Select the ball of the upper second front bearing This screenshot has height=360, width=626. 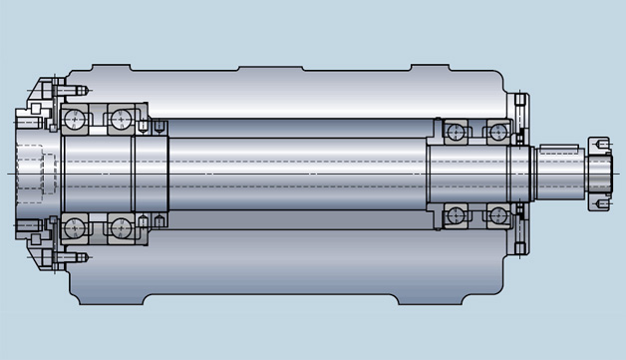coord(122,121)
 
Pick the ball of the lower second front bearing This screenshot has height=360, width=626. coord(122,228)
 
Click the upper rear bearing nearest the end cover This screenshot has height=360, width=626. coord(495,131)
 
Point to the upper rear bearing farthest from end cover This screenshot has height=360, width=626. coord(455,131)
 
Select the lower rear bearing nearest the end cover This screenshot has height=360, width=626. coord(495,215)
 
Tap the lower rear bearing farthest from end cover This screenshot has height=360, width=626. coord(455,215)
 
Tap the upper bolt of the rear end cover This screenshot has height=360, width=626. coord(521,103)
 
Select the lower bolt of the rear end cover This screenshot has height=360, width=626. coord(521,244)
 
